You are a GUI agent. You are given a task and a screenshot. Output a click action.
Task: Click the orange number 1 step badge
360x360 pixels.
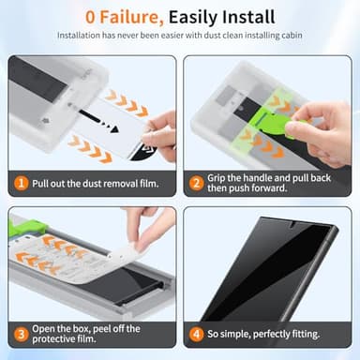(22, 184)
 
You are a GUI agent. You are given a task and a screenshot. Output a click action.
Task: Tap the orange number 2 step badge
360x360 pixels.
(196, 183)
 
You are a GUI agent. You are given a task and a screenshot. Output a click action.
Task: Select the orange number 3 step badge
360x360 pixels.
(21, 334)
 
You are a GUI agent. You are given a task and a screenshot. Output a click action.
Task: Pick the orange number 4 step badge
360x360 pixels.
(196, 334)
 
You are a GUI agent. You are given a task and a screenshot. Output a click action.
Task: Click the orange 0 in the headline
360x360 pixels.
(90, 18)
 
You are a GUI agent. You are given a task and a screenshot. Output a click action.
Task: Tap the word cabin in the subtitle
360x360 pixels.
(292, 36)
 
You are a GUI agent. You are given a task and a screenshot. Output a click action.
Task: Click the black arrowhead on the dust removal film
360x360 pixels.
(113, 127)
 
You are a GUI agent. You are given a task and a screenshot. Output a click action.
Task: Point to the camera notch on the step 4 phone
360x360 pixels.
(292, 224)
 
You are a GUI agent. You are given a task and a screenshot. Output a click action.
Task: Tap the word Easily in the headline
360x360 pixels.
(188, 18)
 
